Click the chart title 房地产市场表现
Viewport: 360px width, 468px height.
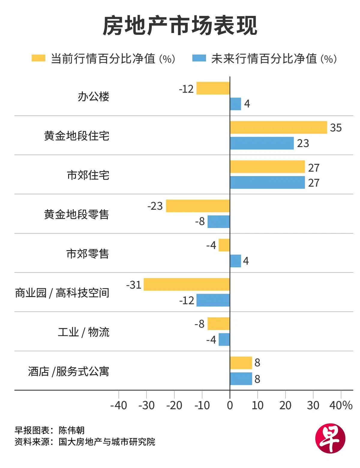tap(180, 26)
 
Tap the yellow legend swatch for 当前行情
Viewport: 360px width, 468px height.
tap(38, 58)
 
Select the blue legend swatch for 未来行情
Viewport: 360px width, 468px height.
tap(199, 58)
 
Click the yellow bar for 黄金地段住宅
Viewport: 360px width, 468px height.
tap(278, 127)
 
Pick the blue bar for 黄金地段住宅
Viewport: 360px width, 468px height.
tap(262, 143)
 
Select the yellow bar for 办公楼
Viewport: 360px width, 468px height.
tap(213, 88)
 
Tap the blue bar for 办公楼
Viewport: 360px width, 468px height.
tap(235, 104)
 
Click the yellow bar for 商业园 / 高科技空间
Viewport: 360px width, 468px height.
tap(187, 284)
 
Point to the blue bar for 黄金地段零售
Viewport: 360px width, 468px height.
tap(219, 222)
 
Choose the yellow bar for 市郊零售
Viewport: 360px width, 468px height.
tap(224, 245)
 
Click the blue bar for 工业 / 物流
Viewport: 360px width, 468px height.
tap(224, 339)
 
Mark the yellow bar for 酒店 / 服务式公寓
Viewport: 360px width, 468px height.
tap(241, 363)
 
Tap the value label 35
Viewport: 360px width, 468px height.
tap(336, 127)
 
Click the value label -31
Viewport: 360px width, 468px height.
tap(134, 285)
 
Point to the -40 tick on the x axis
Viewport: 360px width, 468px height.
tap(119, 405)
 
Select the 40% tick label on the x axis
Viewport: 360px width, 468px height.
tap(341, 405)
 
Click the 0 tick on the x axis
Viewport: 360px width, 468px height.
tap(230, 405)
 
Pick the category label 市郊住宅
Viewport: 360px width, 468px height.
tap(88, 175)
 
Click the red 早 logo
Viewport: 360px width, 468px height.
tap(330, 438)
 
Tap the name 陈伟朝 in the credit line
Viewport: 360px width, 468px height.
tap(72, 430)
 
